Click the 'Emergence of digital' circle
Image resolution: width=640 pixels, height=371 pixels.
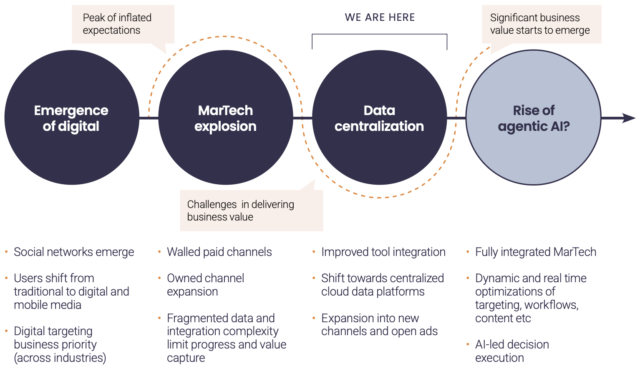click(71, 118)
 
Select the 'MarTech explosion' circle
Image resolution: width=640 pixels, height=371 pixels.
click(225, 118)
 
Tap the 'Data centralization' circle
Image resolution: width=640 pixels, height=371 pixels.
click(379, 118)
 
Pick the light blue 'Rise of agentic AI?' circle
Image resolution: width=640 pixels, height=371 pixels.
click(533, 118)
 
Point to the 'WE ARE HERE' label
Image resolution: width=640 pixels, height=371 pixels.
click(380, 18)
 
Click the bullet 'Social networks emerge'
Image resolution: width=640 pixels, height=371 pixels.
click(74, 252)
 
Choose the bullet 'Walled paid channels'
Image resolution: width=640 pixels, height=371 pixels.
click(219, 252)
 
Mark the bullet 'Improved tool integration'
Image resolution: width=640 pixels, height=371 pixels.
click(383, 252)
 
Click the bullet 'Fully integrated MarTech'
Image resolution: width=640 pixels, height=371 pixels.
click(536, 252)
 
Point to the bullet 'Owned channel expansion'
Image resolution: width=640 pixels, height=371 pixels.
click(205, 285)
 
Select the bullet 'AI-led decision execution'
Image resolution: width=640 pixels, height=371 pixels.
click(512, 351)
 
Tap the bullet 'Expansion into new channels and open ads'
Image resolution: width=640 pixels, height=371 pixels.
click(379, 325)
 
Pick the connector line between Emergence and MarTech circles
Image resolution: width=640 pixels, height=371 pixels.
click(149, 118)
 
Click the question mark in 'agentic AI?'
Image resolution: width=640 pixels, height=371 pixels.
click(566, 126)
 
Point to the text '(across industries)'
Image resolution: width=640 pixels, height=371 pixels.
click(60, 358)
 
